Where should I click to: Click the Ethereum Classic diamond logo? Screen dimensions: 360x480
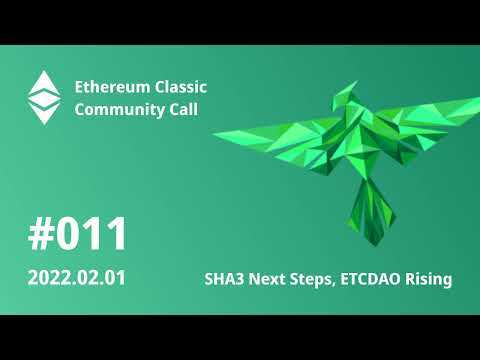tap(43, 97)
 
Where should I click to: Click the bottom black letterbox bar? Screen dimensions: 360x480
tap(240, 337)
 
